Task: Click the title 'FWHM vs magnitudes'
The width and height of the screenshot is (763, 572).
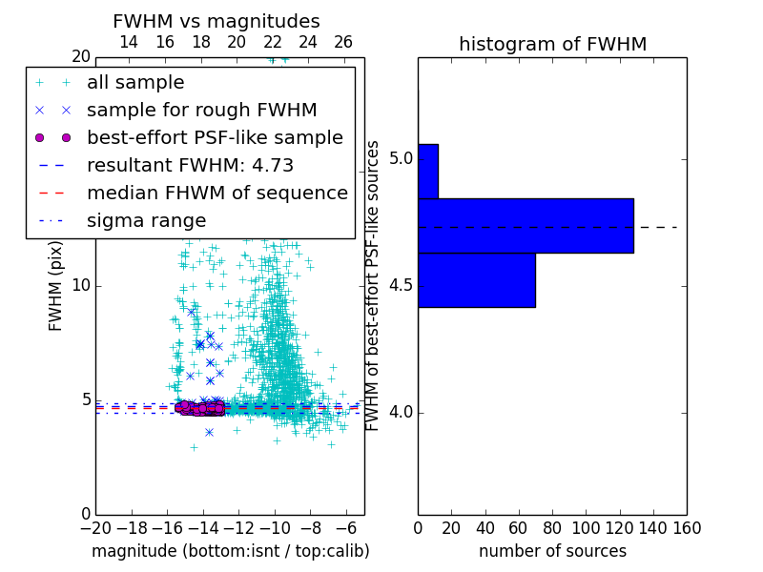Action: (217, 21)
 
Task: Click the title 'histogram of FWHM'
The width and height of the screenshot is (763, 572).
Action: (552, 44)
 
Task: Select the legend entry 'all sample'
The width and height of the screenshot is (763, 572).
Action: (135, 83)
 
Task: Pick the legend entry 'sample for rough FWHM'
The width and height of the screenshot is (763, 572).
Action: (201, 110)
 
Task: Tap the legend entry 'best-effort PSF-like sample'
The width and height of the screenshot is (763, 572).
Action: (215, 137)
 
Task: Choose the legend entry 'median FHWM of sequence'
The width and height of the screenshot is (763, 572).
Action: (217, 193)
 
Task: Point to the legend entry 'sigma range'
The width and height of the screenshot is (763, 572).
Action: (146, 220)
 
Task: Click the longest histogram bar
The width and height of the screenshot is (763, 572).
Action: (526, 226)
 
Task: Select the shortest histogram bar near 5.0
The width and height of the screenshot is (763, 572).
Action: (428, 171)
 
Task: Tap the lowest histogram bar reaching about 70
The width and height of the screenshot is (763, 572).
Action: (476, 280)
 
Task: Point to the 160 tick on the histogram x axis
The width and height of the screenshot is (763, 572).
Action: (687, 527)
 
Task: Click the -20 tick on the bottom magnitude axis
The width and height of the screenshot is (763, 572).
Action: (95, 527)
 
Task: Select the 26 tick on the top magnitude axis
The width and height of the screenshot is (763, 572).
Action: (343, 42)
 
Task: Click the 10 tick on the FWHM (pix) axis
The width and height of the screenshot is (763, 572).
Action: (81, 285)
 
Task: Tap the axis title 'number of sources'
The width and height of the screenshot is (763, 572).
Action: (552, 551)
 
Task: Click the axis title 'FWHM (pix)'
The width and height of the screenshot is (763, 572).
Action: (56, 285)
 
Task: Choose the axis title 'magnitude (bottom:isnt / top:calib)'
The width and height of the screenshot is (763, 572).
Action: (230, 551)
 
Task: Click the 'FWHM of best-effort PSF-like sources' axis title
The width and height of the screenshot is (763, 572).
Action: (374, 285)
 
